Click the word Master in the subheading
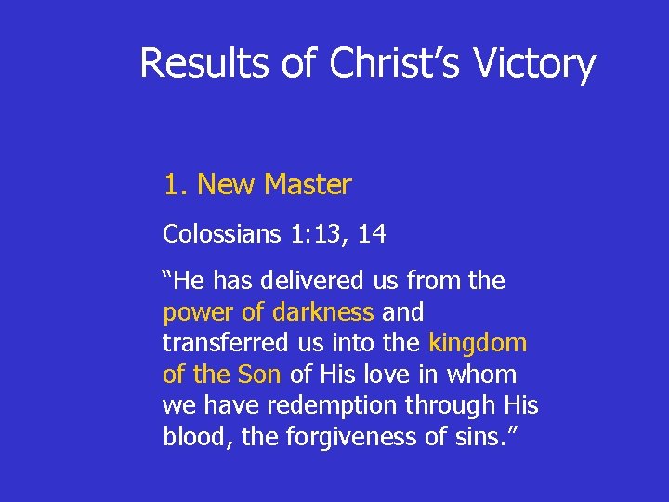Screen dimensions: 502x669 (307, 185)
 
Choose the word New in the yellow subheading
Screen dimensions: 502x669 (225, 185)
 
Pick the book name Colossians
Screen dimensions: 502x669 (214, 234)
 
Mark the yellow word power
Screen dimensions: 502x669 (199, 311)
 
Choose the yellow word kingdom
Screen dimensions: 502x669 (478, 343)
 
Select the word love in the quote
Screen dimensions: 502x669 (397, 375)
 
